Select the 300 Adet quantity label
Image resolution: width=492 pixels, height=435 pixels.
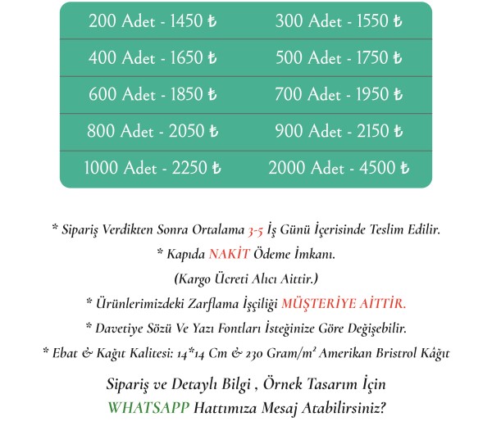point(307,21)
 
